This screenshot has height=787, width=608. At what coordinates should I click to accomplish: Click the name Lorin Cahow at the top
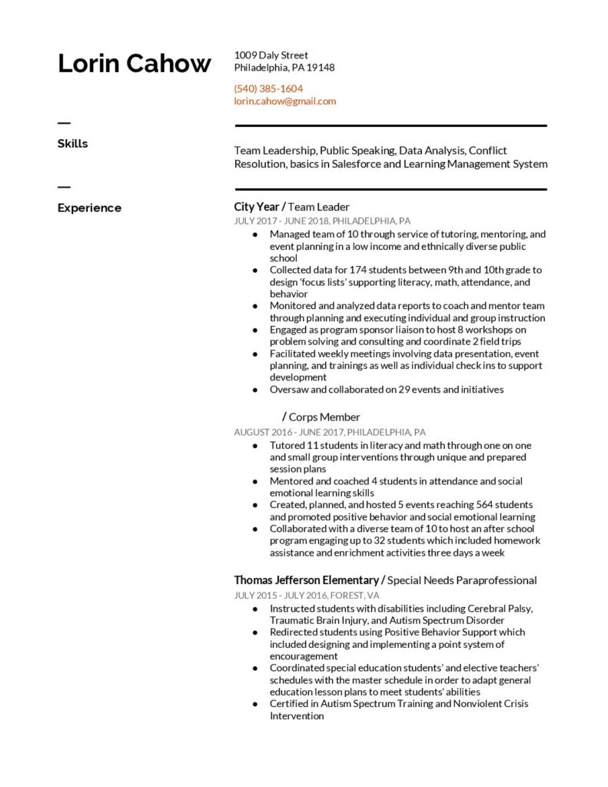coord(134,64)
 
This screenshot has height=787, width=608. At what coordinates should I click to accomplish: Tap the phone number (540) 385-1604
coord(268,88)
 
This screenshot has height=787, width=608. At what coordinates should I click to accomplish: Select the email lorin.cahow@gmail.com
coord(285,101)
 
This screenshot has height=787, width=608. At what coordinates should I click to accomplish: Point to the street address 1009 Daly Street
coord(271,55)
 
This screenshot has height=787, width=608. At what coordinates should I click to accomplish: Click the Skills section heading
coord(72,144)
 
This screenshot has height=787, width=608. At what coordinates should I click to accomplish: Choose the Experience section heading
coord(89,208)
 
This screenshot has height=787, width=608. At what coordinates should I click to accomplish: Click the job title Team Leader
coord(319,207)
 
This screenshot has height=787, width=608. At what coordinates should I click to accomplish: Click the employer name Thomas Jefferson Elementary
coord(306,580)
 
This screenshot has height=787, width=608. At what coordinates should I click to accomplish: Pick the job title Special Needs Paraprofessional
coord(462,580)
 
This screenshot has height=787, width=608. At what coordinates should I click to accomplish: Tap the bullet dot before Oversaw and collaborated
coord(255,390)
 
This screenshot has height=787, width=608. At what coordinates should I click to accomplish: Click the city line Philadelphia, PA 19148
coord(284,68)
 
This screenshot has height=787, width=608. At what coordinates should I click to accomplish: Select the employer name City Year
coord(257,207)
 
